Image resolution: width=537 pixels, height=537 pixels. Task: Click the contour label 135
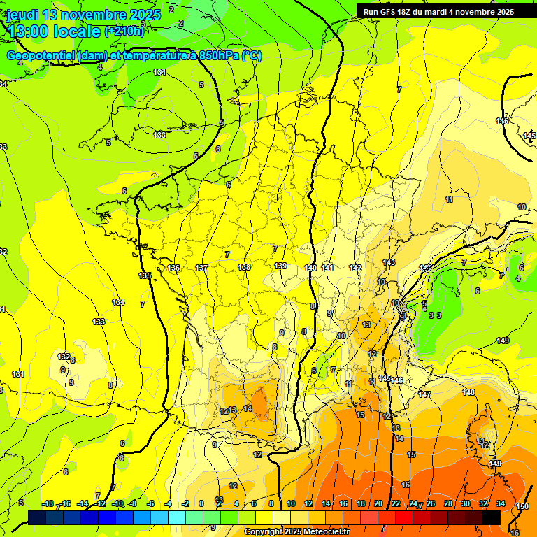[x=145, y=276]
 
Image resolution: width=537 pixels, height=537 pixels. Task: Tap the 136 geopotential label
[x=174, y=268]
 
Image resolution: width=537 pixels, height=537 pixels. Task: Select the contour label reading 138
[x=244, y=267]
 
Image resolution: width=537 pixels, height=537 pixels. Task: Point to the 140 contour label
[x=311, y=268]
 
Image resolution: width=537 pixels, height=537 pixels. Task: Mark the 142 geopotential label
[x=355, y=268]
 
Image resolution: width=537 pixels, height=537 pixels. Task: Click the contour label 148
[x=468, y=392]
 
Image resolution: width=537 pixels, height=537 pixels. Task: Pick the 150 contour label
[x=522, y=506]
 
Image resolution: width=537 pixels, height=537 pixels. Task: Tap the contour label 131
[x=18, y=374]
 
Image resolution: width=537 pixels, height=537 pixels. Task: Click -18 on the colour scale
[x=48, y=503]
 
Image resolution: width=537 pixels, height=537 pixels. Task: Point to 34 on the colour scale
[x=501, y=503]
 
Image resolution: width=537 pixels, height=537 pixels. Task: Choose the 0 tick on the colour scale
[x=201, y=503]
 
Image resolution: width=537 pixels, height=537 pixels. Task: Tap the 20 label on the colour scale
[x=378, y=503]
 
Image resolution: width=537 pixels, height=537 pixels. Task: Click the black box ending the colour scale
[x=491, y=517]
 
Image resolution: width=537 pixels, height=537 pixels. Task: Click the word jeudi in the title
[x=24, y=14]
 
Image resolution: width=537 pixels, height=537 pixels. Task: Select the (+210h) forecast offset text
[x=124, y=31]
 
